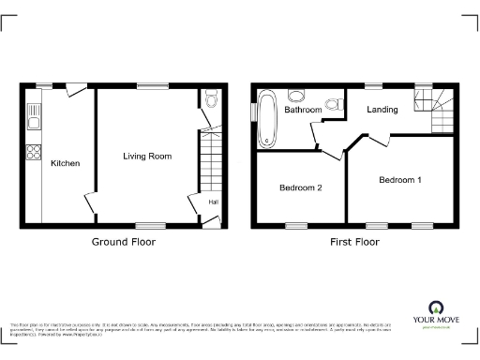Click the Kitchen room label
tap(65, 163)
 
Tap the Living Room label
tap(147, 156)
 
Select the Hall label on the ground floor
tap(213, 202)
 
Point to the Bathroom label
tap(303, 110)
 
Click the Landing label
tap(382, 110)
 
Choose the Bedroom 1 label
tap(400, 178)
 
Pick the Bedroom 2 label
tap(301, 187)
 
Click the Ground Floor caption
tap(123, 242)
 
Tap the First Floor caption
tap(353, 242)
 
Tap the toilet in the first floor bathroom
tap(298, 95)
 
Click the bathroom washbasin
tap(331, 104)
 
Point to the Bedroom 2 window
tap(296, 225)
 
